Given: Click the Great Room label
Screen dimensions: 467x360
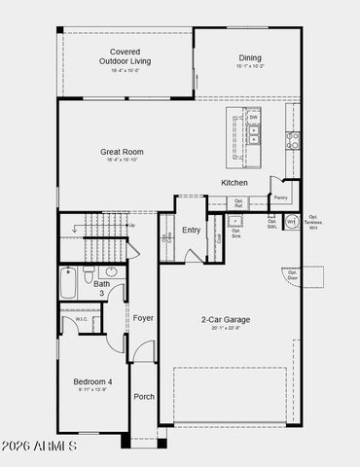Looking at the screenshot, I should (x=122, y=152).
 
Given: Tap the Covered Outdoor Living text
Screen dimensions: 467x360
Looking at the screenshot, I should (x=125, y=56).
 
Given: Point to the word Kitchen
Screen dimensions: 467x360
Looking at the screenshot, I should (x=234, y=183).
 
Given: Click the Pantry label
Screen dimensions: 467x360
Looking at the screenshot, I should (x=281, y=198).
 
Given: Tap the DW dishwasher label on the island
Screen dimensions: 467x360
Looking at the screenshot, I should (x=253, y=118).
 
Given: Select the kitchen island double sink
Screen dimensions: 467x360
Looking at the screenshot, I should (x=253, y=132).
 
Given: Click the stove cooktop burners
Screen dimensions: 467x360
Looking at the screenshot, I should (x=290, y=140).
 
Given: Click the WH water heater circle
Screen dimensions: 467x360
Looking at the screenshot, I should (x=290, y=222).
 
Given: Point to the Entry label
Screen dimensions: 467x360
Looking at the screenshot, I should (x=192, y=231).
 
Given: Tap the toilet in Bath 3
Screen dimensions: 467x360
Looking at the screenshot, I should (x=90, y=274).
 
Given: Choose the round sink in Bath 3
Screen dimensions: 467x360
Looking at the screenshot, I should (x=111, y=273).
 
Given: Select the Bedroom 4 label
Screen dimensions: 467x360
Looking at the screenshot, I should (x=93, y=382).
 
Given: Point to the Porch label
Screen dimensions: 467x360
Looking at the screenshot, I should (x=144, y=396).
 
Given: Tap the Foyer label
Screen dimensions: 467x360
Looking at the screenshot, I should (x=144, y=318).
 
